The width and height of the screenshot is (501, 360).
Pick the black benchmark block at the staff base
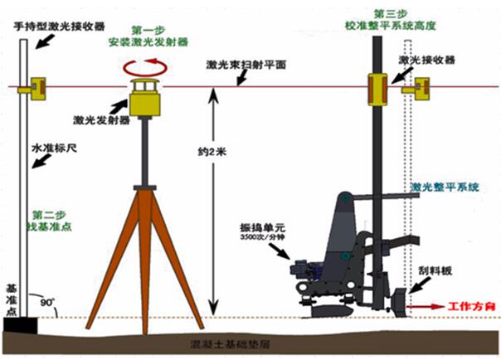point(18,323)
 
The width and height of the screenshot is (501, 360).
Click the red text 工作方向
point(472,307)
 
